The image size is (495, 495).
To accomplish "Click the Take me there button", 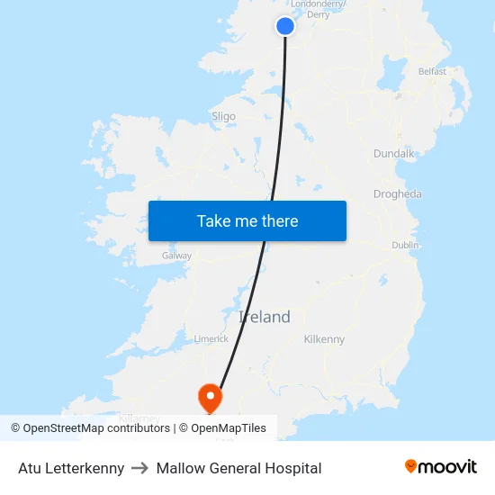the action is coord(247,220).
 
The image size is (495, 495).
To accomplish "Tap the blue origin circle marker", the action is coord(285,26).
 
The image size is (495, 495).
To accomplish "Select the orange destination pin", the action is coord(210,395).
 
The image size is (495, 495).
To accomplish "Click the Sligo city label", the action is coord(223,116).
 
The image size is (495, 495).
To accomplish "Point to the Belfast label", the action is coord(432,71).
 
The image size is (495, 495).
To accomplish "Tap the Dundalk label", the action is coord(393,154).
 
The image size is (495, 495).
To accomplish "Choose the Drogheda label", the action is coord(397,194).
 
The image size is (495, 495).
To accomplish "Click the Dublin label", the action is coord(405,245).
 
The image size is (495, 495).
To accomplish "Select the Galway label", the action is coord(176,256).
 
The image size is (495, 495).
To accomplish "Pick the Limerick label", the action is coord(211,338).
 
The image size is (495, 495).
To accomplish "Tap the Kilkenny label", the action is coord(324,339).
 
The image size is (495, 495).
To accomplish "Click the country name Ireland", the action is coord(265,317).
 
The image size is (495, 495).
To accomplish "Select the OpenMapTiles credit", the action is coord(229,428).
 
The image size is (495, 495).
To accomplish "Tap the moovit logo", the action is coord(441,467).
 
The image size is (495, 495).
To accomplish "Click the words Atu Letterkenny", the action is coord(71,468).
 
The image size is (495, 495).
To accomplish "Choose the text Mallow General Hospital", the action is coord(238,468).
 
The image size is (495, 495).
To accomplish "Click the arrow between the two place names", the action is coord(140,468).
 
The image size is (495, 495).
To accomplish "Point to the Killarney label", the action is coord(139,418).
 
